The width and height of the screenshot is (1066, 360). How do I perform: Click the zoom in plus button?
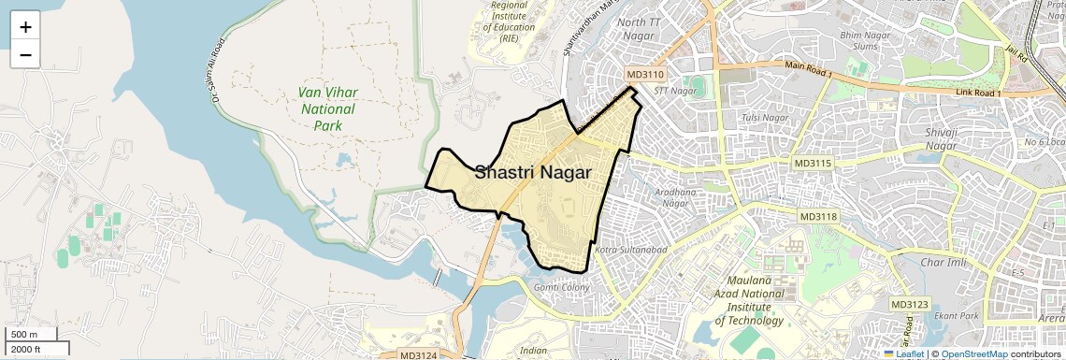[25, 27]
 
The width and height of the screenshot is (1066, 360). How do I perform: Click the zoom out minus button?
[25, 55]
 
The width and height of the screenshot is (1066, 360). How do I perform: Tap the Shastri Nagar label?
[533, 172]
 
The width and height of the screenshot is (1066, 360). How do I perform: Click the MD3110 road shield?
[644, 74]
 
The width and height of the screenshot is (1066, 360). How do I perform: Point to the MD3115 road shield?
[812, 163]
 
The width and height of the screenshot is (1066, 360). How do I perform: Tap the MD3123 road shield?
[909, 304]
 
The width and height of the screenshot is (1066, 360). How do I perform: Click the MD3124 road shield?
[418, 354]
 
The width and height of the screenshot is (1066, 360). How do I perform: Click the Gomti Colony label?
[561, 287]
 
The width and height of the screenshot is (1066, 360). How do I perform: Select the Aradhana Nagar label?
[676, 197]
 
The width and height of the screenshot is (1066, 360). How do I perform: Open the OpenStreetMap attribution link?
[973, 353]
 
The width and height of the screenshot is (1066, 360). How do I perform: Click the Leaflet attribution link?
[908, 353]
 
